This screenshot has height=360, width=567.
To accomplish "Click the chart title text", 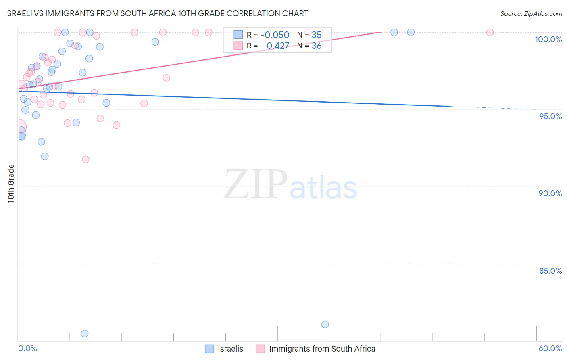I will tap(157, 13).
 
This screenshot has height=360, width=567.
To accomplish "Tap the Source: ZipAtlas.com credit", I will tap(531, 13).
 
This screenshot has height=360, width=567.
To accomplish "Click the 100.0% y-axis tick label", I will tap(548, 39).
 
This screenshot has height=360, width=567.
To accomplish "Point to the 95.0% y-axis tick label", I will tap(550, 116).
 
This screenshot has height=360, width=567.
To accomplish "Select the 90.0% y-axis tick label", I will tap(550, 193).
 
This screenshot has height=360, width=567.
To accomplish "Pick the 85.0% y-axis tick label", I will tap(550, 271).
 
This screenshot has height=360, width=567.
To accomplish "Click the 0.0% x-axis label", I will tap(27, 348).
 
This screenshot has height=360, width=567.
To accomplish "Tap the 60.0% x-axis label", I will tap(550, 348).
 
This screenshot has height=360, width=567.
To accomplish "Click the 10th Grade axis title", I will tap(11, 184).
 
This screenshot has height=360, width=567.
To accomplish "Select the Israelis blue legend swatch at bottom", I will tap(209, 349).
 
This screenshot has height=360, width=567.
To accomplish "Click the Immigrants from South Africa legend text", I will tap(322, 349).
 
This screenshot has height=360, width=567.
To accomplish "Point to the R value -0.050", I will tap(275, 35).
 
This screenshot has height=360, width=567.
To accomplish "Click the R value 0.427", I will tap(277, 46).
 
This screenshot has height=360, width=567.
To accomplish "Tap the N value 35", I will tap(317, 35).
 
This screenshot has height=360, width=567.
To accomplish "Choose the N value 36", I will tap(317, 46).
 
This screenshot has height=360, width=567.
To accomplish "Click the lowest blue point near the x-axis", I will tap(85, 333).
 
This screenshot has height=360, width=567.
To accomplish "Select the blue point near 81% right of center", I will tap(325, 324).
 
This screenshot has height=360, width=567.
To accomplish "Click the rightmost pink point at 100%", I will tap(490, 32).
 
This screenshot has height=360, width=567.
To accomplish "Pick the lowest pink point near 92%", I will tap(85, 159).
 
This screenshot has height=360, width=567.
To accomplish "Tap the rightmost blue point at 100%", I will tap(411, 32).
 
